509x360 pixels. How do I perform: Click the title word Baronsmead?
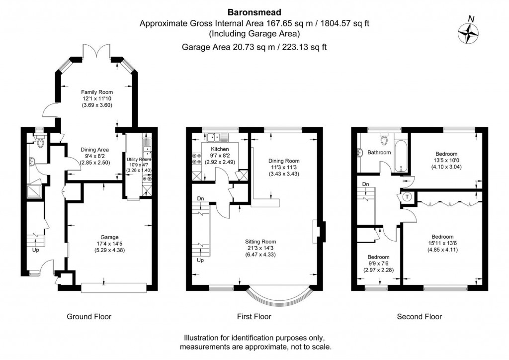[254, 12]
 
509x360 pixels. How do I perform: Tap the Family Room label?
[97, 92]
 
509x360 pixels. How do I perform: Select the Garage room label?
[104, 237]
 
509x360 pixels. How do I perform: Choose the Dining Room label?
[284, 161]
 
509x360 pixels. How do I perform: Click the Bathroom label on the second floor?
[379, 152]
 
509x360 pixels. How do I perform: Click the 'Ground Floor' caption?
[89, 316]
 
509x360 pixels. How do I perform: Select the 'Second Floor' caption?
[419, 316]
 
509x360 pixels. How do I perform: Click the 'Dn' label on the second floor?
[366, 184]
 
